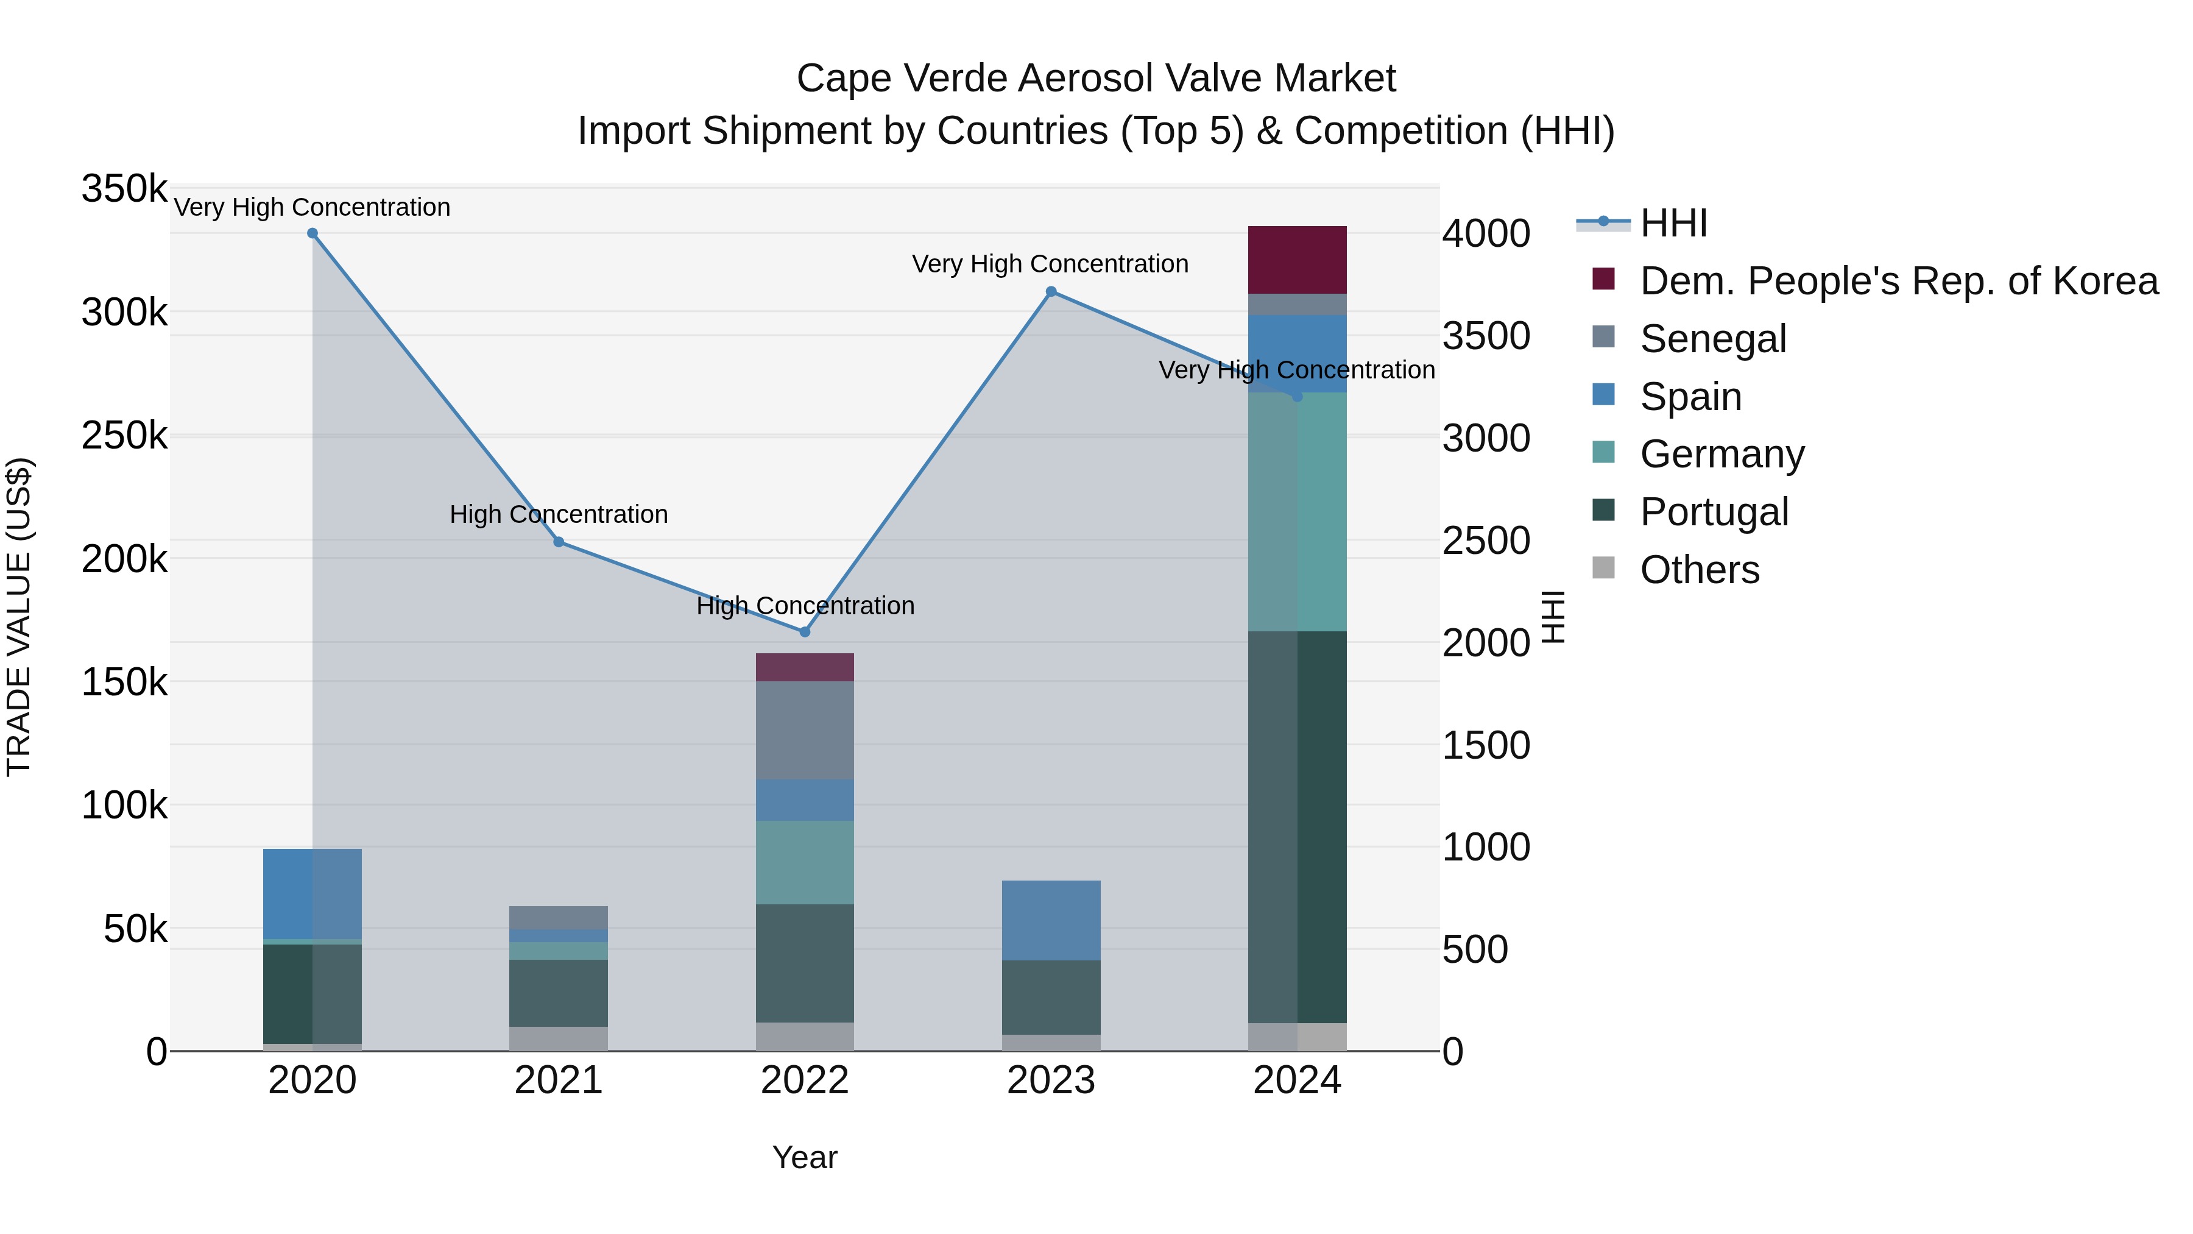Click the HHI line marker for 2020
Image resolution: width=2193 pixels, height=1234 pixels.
[313, 233]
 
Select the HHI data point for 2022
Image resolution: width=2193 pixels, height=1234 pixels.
[805, 632]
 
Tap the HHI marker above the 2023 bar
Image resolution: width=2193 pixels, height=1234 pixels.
[1051, 292]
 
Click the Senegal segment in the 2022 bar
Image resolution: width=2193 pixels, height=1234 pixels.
[805, 730]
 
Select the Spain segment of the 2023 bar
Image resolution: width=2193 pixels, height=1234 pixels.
[1051, 921]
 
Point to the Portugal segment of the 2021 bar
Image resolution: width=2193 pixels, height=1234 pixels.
[559, 993]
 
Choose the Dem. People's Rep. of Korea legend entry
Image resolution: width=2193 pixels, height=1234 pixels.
[1898, 281]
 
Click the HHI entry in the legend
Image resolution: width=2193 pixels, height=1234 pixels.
[1673, 223]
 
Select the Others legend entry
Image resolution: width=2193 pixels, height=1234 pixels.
[1699, 570]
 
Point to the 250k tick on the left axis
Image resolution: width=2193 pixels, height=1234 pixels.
[124, 436]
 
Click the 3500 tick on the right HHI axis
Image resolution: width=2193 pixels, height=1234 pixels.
[1486, 336]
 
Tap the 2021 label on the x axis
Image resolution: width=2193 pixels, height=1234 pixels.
[559, 1080]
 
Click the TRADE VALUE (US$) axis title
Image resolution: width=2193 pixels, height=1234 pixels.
[19, 617]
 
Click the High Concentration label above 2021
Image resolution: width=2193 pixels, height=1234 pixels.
[559, 514]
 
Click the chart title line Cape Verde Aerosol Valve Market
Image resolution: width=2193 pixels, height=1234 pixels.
[1096, 79]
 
